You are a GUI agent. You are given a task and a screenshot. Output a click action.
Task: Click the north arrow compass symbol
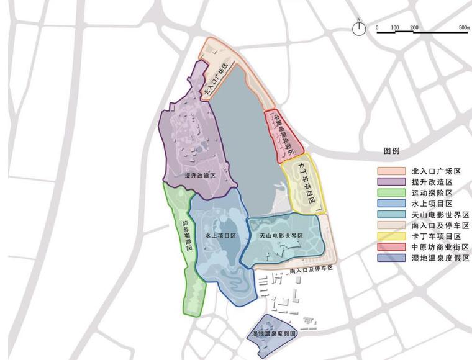click(x=358, y=28)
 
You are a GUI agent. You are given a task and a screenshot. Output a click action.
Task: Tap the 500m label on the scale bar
click(x=464, y=28)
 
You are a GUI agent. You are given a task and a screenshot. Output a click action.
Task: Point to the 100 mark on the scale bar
click(x=395, y=28)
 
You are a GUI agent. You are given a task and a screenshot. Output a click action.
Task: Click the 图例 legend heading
click(x=392, y=151)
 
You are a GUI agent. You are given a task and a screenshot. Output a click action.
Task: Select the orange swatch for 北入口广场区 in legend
click(x=391, y=171)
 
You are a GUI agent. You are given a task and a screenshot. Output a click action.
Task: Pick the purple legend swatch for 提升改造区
click(x=391, y=182)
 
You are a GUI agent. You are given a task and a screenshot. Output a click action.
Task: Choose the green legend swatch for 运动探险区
click(x=391, y=192)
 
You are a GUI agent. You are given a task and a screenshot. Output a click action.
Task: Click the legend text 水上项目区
click(x=432, y=204)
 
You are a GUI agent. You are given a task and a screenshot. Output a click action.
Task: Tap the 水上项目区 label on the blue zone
click(x=220, y=236)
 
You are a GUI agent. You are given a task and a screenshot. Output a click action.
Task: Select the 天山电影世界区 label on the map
click(x=277, y=236)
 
